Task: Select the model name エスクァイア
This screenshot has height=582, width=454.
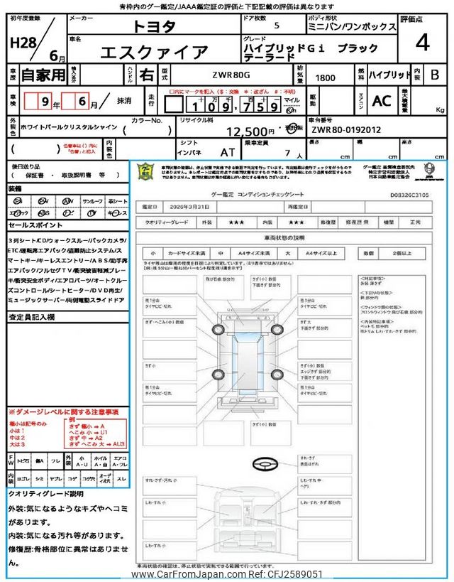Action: pyautogui.click(x=154, y=52)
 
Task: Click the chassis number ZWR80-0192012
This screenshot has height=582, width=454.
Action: pyautogui.click(x=345, y=130)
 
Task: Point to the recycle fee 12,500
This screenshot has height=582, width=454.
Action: pyautogui.click(x=250, y=131)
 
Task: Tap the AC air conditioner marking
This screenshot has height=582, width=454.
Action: pyautogui.click(x=381, y=101)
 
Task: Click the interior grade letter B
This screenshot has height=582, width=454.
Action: pyautogui.click(x=435, y=74)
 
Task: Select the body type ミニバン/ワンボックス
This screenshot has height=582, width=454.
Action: pyautogui.click(x=364, y=26)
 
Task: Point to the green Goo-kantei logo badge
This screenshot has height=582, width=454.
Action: pyautogui.click(x=145, y=171)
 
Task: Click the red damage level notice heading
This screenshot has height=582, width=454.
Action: pyautogui.click(x=63, y=411)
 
